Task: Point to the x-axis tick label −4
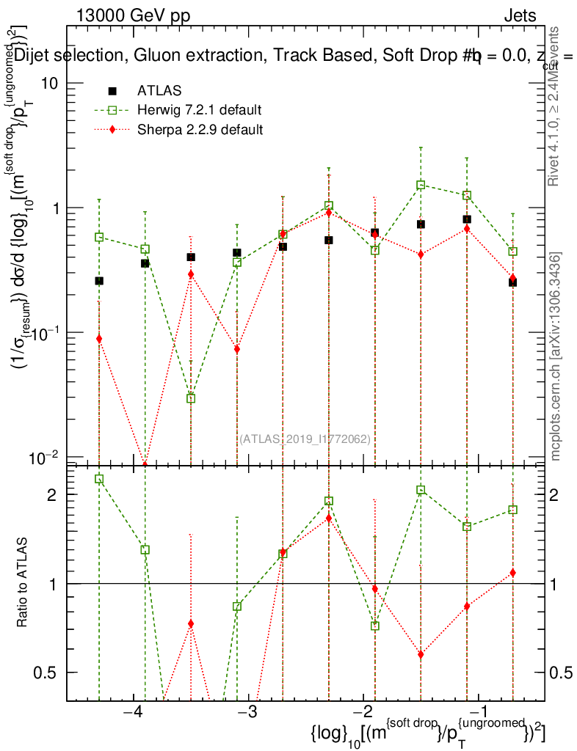pos(133,714)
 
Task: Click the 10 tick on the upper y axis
pos(50,83)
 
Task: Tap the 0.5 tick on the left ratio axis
pos(48,673)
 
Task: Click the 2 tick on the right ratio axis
pos(562,495)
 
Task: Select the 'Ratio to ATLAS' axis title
pos(23,583)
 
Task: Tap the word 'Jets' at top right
pos(519,16)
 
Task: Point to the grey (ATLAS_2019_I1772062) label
pos(305,439)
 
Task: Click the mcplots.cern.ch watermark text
pos(556,357)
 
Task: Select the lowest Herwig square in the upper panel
pos(191,398)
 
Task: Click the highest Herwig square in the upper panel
pos(421,185)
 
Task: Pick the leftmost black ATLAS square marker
pos(99,281)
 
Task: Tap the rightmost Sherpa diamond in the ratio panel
pos(512,573)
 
